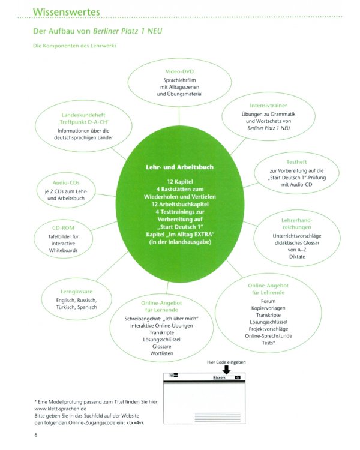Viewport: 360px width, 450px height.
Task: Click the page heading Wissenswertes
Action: (x=67, y=12)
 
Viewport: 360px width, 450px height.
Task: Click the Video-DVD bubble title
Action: (x=179, y=71)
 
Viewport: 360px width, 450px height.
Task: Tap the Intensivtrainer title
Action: (x=268, y=106)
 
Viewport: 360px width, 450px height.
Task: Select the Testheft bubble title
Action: (x=296, y=162)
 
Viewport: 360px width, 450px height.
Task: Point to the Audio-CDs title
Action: (x=66, y=182)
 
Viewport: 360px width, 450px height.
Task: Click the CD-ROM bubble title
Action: (x=63, y=228)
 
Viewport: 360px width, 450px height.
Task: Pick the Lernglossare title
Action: (x=76, y=292)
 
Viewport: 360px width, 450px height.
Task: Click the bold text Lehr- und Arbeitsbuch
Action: (x=180, y=167)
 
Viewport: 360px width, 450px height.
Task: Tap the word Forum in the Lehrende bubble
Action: (x=268, y=301)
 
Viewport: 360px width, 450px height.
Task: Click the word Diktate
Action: (x=297, y=257)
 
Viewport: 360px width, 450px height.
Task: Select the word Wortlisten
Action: (x=161, y=353)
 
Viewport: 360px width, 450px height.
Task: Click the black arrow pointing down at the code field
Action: (x=227, y=370)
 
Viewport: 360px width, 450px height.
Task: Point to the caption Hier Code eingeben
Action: (x=226, y=362)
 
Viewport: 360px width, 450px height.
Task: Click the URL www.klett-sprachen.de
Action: (x=60, y=409)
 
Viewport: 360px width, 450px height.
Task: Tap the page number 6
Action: (x=36, y=435)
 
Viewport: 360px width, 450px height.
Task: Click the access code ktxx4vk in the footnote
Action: (x=135, y=422)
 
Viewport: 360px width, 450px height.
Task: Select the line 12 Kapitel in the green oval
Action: (x=180, y=182)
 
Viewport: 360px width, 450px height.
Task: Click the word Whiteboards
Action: (x=63, y=250)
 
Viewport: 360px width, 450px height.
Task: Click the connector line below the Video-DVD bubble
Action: (x=179, y=116)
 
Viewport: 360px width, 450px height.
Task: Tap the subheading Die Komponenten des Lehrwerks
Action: (x=74, y=46)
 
